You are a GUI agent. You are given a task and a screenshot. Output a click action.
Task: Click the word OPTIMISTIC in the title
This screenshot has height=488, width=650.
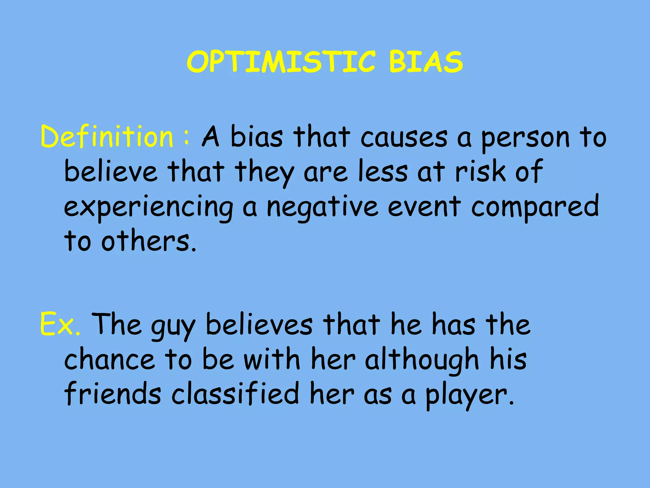pyautogui.click(x=281, y=62)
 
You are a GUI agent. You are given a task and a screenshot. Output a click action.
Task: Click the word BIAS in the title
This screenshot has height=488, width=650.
pyautogui.click(x=426, y=62)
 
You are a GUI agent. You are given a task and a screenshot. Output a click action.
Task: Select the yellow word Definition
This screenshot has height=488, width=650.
pyautogui.click(x=107, y=137)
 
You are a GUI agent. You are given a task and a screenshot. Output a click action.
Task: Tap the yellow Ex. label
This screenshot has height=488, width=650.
pyautogui.click(x=60, y=324)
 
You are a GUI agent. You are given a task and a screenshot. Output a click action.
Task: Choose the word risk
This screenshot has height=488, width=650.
pyautogui.click(x=480, y=172)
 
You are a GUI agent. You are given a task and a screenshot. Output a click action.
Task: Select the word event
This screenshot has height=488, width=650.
pyautogui.click(x=424, y=207)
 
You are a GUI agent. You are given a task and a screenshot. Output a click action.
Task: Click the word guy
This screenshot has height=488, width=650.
pyautogui.click(x=173, y=325)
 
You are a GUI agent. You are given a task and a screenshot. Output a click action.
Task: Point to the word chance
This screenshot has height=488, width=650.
pyautogui.click(x=110, y=360)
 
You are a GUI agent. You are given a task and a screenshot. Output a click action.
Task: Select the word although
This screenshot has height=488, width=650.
pyautogui.click(x=422, y=360)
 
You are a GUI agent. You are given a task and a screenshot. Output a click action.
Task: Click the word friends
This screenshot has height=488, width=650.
pyautogui.click(x=113, y=394)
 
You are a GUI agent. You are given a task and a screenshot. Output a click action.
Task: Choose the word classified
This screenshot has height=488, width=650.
pyautogui.click(x=235, y=394)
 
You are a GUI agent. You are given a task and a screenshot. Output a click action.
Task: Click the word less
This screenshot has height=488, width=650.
pyautogui.click(x=383, y=172)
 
